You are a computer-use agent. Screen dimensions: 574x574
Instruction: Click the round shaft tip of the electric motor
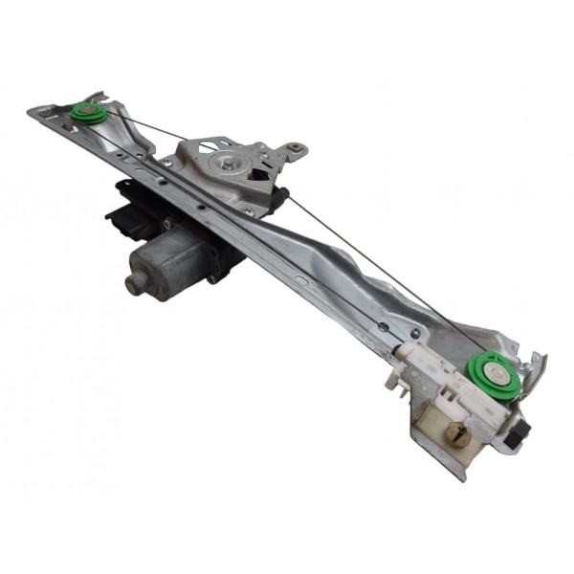(x=136, y=280)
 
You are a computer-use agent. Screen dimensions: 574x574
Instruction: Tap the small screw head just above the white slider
(x=384, y=326)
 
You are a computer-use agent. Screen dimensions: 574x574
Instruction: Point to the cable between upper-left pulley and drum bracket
(x=143, y=124)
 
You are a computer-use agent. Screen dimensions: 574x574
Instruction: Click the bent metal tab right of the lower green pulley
(x=536, y=368)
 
